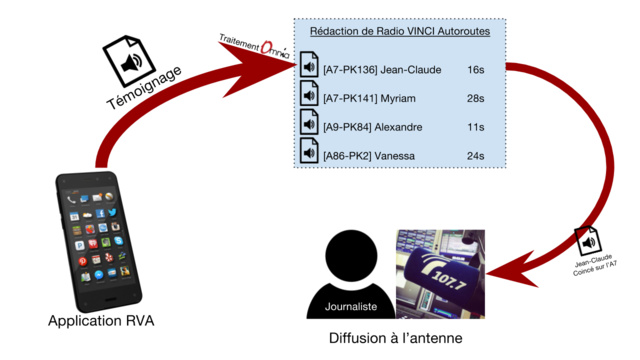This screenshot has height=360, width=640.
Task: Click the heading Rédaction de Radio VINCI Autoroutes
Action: [x=399, y=32]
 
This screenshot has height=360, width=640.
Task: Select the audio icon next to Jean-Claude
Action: [x=310, y=70]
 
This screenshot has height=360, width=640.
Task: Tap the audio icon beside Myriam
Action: [x=310, y=98]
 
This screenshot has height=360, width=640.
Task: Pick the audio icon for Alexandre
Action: [x=310, y=127]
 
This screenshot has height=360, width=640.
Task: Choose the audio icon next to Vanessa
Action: [x=310, y=155]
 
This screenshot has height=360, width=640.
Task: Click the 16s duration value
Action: [x=475, y=71]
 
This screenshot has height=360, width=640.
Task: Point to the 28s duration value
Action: [x=475, y=99]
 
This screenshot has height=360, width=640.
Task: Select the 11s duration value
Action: [x=475, y=128]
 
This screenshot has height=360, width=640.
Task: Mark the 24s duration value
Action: [x=475, y=156]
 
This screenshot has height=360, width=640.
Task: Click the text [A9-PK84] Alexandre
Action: [x=372, y=128]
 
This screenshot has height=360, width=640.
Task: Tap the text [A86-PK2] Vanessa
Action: [x=369, y=156]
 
